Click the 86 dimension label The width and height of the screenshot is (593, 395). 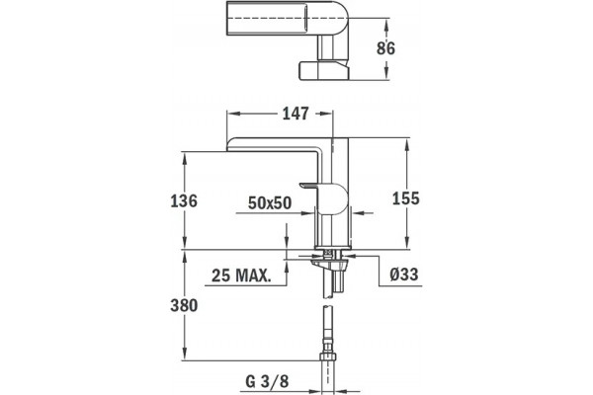click(385, 48)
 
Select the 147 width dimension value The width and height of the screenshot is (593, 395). click(296, 114)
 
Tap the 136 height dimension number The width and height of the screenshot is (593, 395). click(184, 200)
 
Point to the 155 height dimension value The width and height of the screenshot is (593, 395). click(406, 198)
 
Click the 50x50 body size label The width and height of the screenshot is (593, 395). click(270, 203)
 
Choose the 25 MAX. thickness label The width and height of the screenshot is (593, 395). click(241, 276)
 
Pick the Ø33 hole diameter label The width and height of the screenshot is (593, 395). click(404, 275)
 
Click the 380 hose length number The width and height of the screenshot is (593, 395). click(184, 305)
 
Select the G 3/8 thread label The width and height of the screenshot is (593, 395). click(267, 381)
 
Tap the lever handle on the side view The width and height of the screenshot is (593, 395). click(326, 197)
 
